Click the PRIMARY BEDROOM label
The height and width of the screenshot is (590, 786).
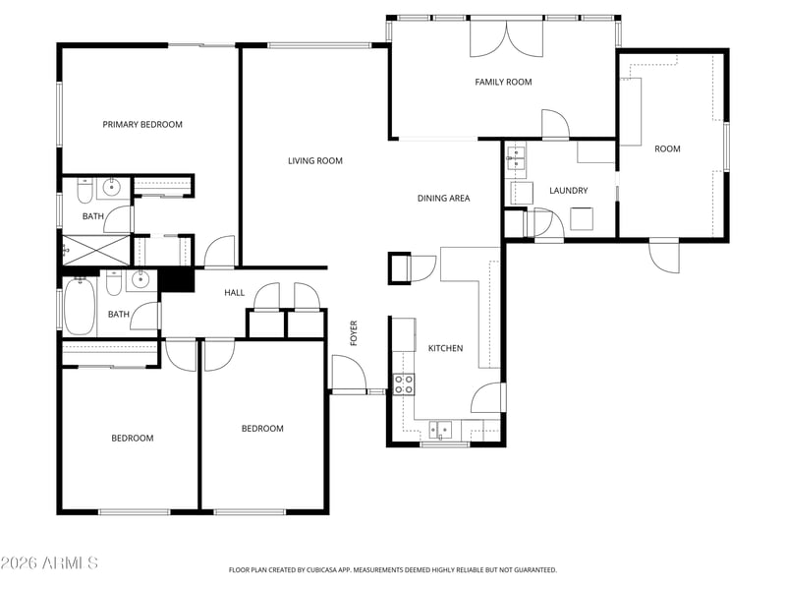[142, 125]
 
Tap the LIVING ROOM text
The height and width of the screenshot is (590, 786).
[315, 161]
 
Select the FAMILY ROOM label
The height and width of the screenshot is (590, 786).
[503, 82]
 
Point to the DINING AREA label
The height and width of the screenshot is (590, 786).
[444, 199]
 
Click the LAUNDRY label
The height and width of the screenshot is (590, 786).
[569, 191]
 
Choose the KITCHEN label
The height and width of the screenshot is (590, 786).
[446, 348]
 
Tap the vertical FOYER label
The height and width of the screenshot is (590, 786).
[354, 333]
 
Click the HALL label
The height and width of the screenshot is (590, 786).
[235, 292]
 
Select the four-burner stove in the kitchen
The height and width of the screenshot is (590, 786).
[404, 384]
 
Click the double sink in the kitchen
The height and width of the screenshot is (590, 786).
[440, 430]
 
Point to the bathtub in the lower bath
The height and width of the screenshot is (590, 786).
[80, 306]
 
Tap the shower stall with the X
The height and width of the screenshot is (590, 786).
[95, 250]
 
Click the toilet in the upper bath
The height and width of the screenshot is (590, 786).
[84, 191]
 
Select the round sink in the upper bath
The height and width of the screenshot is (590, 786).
[111, 188]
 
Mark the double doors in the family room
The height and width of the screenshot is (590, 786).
[506, 38]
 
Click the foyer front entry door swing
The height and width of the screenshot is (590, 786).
[350, 374]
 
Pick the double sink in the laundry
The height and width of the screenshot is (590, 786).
[516, 157]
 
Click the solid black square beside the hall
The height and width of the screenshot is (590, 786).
[177, 280]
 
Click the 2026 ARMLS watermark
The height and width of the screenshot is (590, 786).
[49, 562]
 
